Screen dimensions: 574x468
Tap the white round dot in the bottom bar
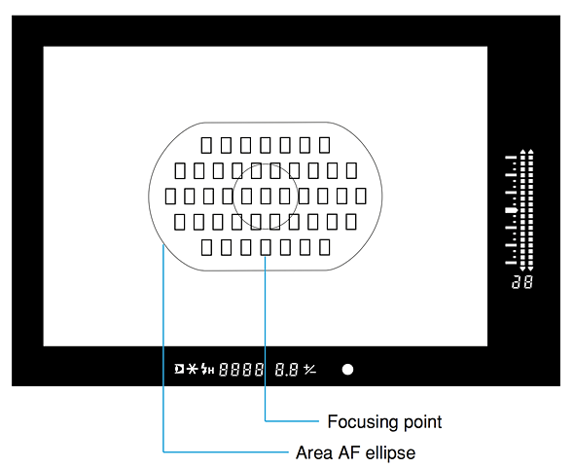click(x=347, y=370)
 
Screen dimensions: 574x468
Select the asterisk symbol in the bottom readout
click(x=192, y=369)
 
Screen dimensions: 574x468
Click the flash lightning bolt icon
click(x=204, y=369)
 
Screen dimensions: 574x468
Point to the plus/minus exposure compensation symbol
click(x=309, y=370)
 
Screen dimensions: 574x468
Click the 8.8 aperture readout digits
click(x=286, y=370)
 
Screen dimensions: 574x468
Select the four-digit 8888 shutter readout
click(x=241, y=370)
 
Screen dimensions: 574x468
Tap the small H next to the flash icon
click(x=211, y=371)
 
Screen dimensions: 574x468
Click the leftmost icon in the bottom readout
click(x=179, y=369)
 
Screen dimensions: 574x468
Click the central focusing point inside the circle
click(x=266, y=197)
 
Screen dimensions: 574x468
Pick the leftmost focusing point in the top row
click(x=206, y=145)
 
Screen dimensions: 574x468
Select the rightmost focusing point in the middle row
click(x=361, y=197)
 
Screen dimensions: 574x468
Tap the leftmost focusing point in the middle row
click(x=170, y=197)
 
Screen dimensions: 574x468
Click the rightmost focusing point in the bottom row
click(x=325, y=247)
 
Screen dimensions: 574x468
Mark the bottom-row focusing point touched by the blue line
click(x=266, y=247)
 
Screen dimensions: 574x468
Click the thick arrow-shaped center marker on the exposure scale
click(x=512, y=210)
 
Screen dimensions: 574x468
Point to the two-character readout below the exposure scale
click(x=522, y=282)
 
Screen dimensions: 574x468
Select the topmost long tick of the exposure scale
click(x=511, y=158)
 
